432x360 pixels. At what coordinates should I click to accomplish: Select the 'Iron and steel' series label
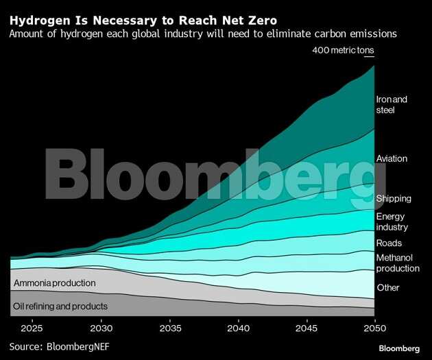tap(392, 104)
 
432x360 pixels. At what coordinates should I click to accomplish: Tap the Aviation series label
tap(392, 158)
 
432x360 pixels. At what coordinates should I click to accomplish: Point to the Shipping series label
tap(394, 198)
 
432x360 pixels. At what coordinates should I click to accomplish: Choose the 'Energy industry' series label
tap(392, 221)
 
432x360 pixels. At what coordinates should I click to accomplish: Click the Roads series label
tap(389, 243)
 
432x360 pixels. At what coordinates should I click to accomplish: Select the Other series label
tap(387, 287)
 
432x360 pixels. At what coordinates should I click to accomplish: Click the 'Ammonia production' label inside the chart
tap(54, 283)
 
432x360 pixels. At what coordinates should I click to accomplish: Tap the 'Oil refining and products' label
tap(60, 306)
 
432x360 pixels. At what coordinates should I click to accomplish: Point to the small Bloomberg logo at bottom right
tap(399, 348)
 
